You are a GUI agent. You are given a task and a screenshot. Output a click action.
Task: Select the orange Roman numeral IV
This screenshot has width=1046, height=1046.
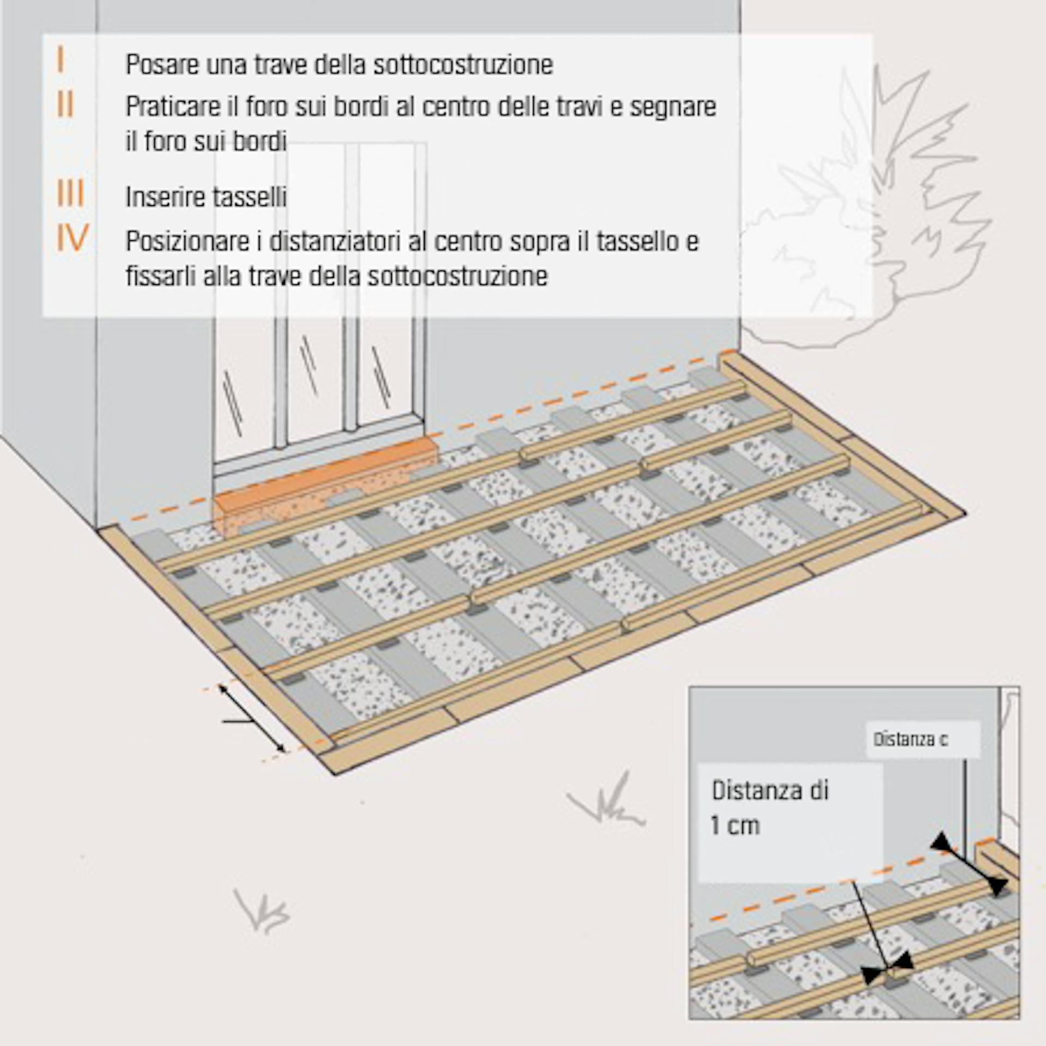click(x=72, y=238)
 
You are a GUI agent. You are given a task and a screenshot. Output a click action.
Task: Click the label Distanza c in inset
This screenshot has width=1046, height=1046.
click(x=910, y=739)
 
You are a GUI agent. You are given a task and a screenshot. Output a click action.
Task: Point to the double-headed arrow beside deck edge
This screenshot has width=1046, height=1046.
click(x=252, y=719)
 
